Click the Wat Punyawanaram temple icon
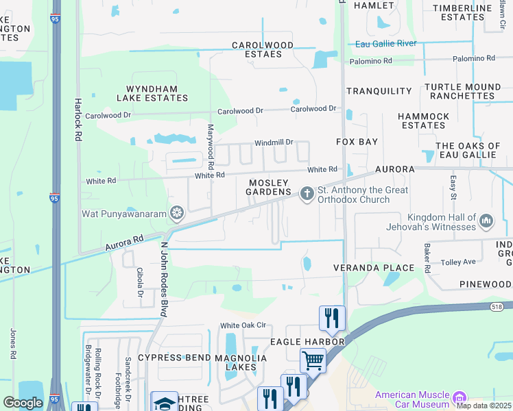pos(178,214)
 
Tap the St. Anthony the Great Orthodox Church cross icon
pos(307,195)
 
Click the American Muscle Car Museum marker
pos(460,397)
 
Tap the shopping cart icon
pos(313,360)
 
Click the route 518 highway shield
pos(496,308)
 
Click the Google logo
pos(22,402)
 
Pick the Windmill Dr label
pos(274,142)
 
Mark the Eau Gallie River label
pos(386,44)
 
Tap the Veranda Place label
pos(374,268)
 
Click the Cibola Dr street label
pos(139,282)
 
